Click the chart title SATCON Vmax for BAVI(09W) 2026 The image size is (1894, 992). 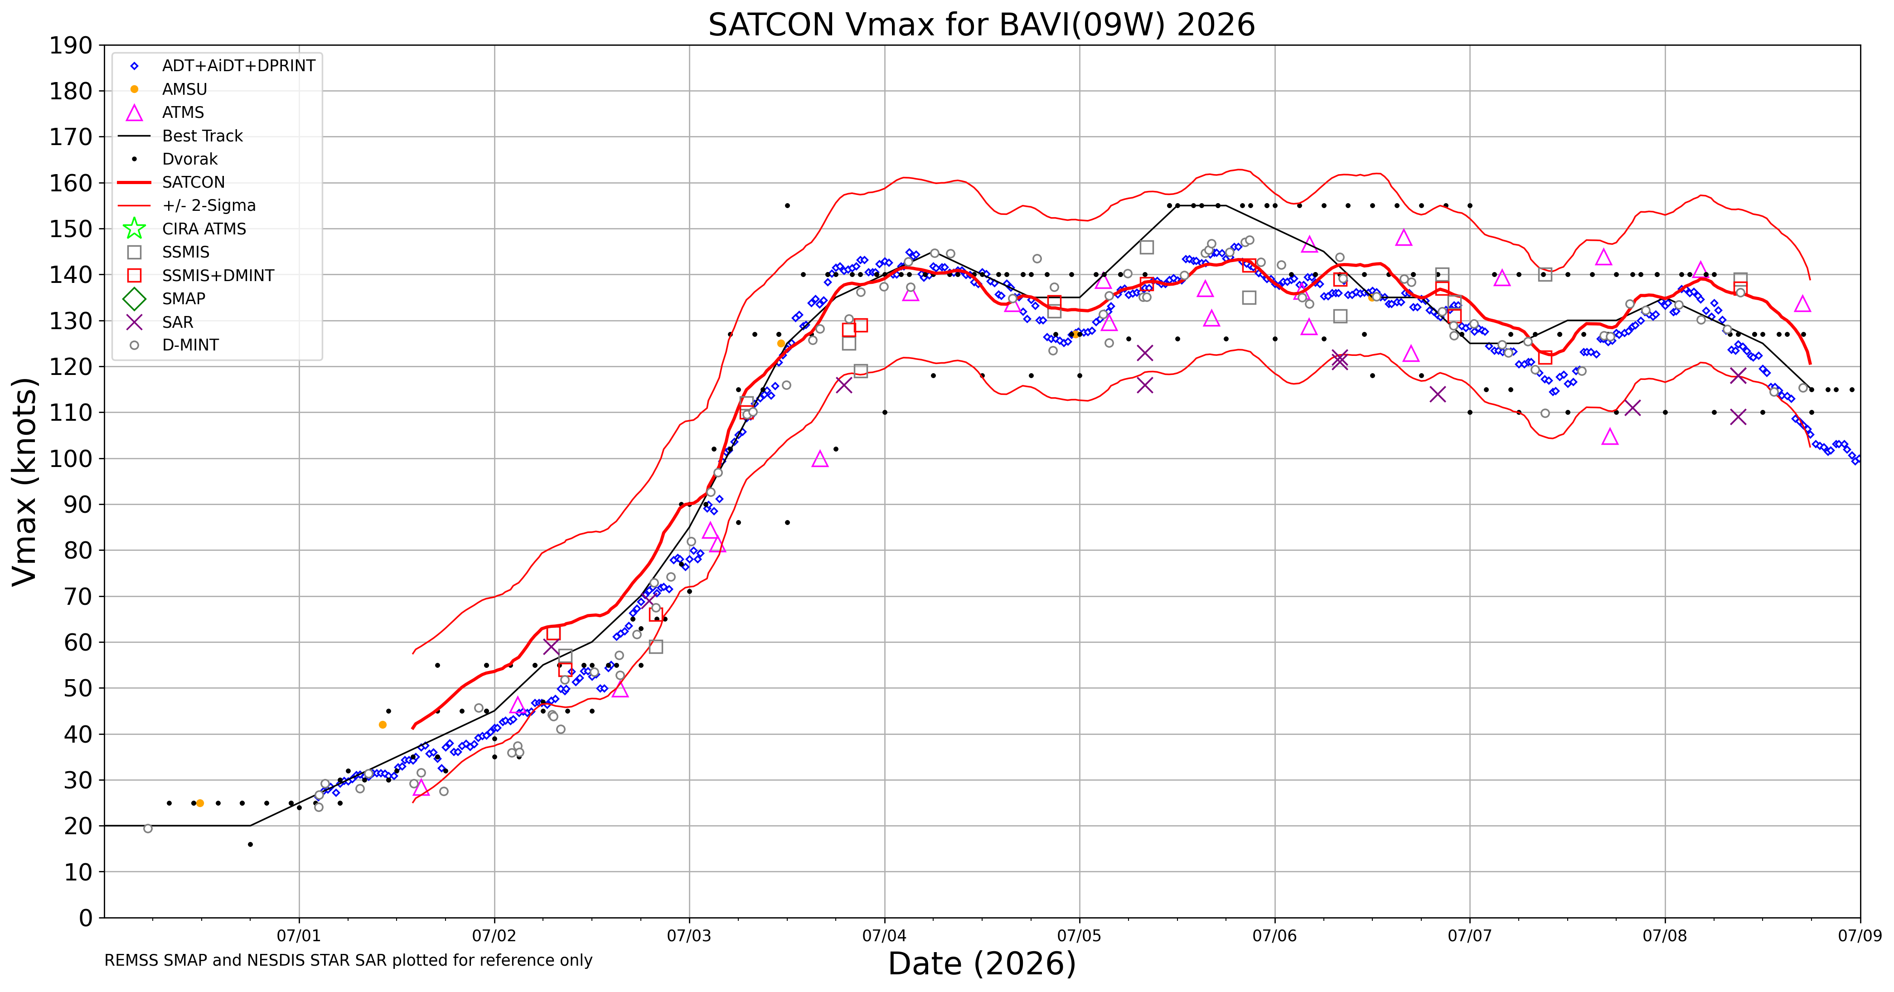(x=982, y=25)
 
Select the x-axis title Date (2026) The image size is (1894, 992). (x=982, y=963)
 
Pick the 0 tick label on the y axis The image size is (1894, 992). (x=86, y=917)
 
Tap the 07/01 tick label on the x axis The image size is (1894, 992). (x=299, y=936)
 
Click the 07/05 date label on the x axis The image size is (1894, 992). (x=1080, y=936)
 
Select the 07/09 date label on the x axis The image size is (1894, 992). (x=1860, y=936)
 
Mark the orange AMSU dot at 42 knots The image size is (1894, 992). (x=383, y=725)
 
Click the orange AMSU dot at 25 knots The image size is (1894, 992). (x=200, y=803)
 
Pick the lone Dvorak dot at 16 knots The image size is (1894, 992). (x=250, y=844)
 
